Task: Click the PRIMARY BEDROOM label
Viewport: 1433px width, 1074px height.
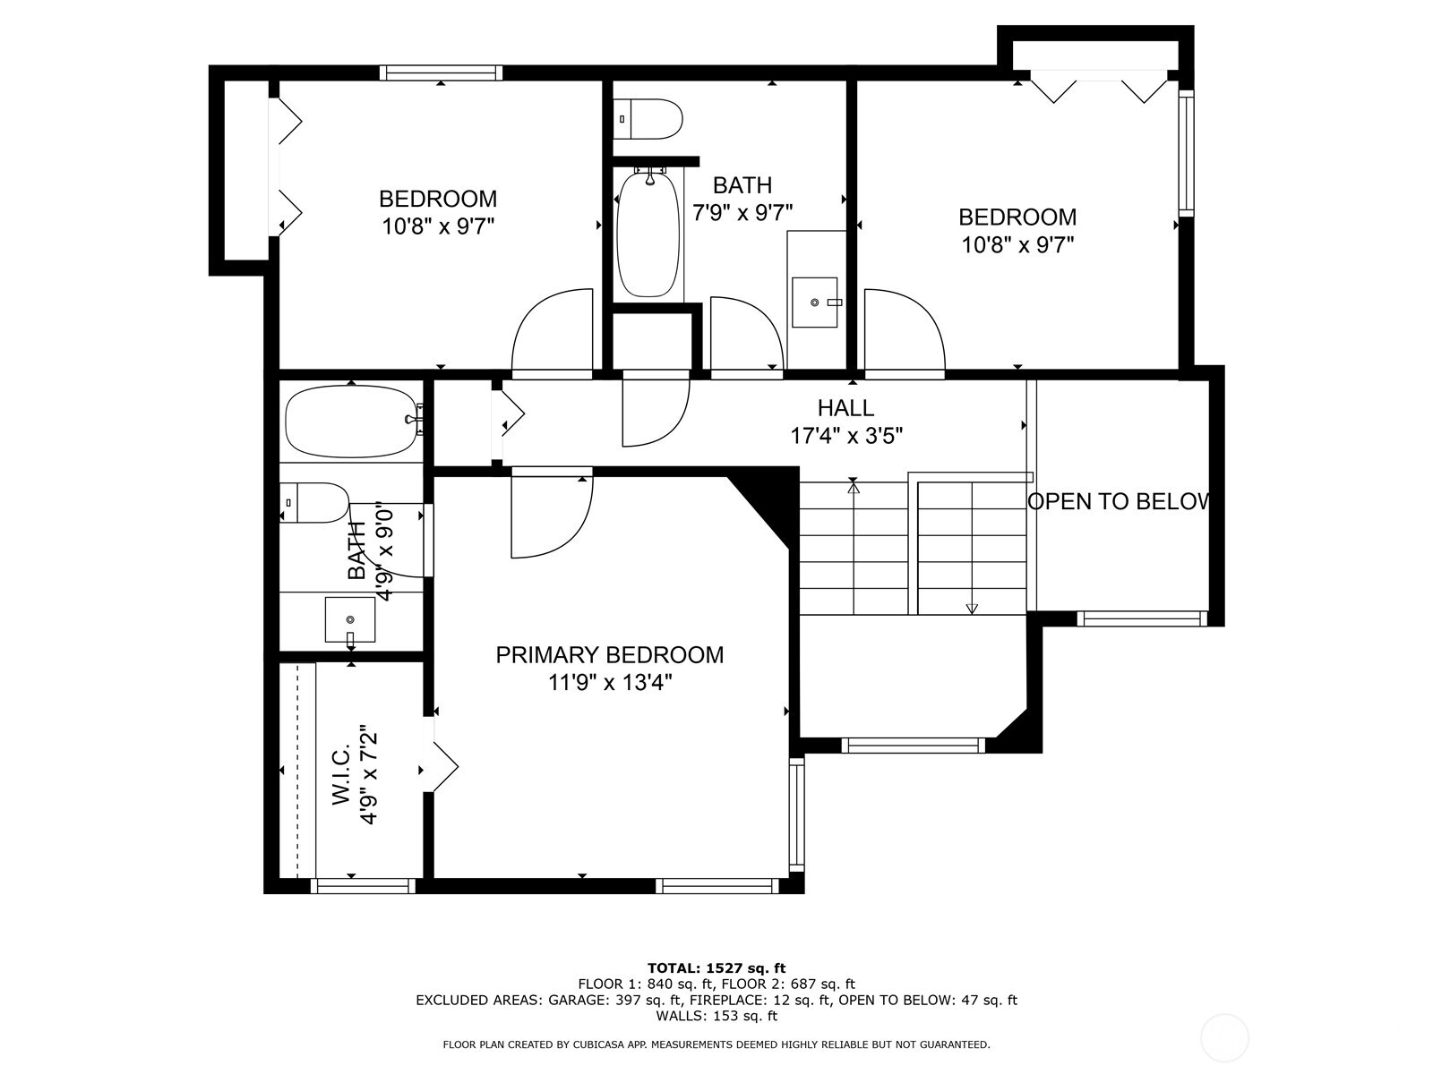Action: (609, 655)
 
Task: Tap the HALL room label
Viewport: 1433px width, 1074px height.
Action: (845, 408)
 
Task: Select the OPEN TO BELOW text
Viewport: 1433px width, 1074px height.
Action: (1120, 502)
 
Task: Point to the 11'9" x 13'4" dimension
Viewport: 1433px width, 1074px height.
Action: (609, 684)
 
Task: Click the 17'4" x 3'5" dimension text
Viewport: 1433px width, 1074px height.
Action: (845, 436)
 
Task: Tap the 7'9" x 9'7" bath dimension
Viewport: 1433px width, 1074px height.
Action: (742, 212)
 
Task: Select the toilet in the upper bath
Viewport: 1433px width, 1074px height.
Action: (649, 118)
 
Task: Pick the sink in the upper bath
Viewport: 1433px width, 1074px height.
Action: (814, 303)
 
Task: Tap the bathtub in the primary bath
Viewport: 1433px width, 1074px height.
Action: (351, 420)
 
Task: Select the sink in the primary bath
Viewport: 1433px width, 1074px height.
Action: (349, 619)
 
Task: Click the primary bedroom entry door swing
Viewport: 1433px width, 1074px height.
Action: (551, 517)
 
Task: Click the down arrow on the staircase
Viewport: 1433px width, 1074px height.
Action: (972, 607)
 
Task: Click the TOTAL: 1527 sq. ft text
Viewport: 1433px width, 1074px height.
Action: (716, 967)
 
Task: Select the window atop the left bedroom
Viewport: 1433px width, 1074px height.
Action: (440, 73)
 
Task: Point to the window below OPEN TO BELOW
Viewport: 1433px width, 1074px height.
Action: (1142, 618)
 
